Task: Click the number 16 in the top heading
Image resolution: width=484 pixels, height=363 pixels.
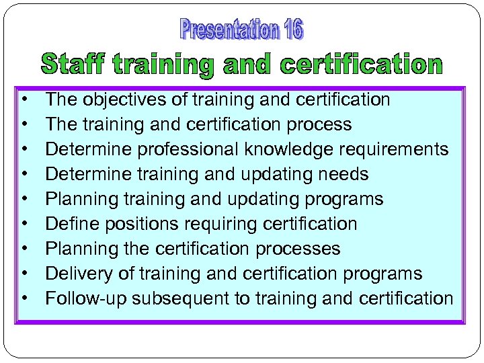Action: tap(294, 30)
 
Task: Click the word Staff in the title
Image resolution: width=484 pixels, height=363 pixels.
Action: tap(73, 65)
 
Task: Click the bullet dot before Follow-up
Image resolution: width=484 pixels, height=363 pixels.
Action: tap(24, 298)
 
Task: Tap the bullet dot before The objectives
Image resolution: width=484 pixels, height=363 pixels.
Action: tap(24, 100)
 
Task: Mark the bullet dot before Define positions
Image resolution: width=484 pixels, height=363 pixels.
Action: tap(24, 224)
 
